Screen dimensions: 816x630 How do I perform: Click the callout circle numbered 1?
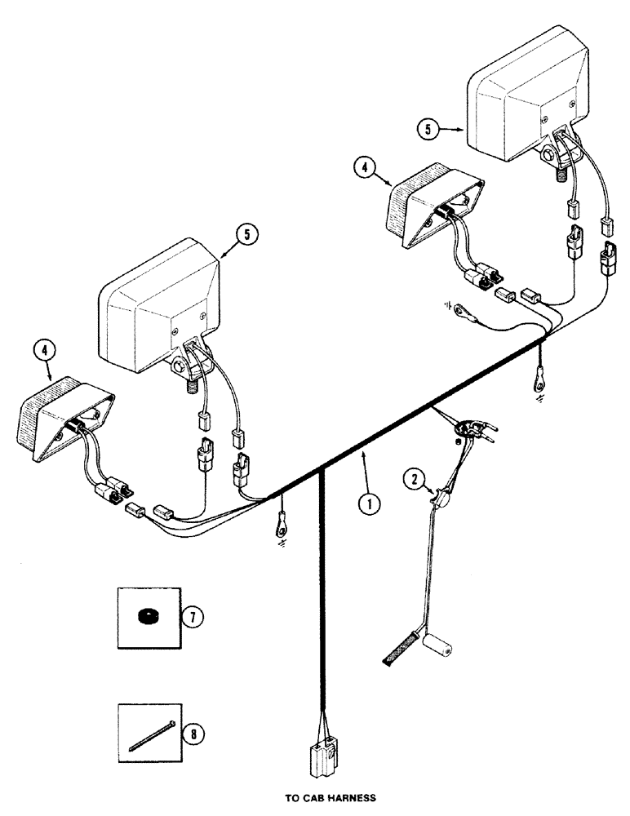(x=370, y=504)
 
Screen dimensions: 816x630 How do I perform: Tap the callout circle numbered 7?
(x=191, y=616)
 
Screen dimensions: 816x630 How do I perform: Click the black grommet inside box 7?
(x=148, y=617)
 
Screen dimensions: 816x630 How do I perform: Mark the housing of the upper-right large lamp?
(x=530, y=102)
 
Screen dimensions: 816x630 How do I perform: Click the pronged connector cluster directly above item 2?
(x=472, y=427)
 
